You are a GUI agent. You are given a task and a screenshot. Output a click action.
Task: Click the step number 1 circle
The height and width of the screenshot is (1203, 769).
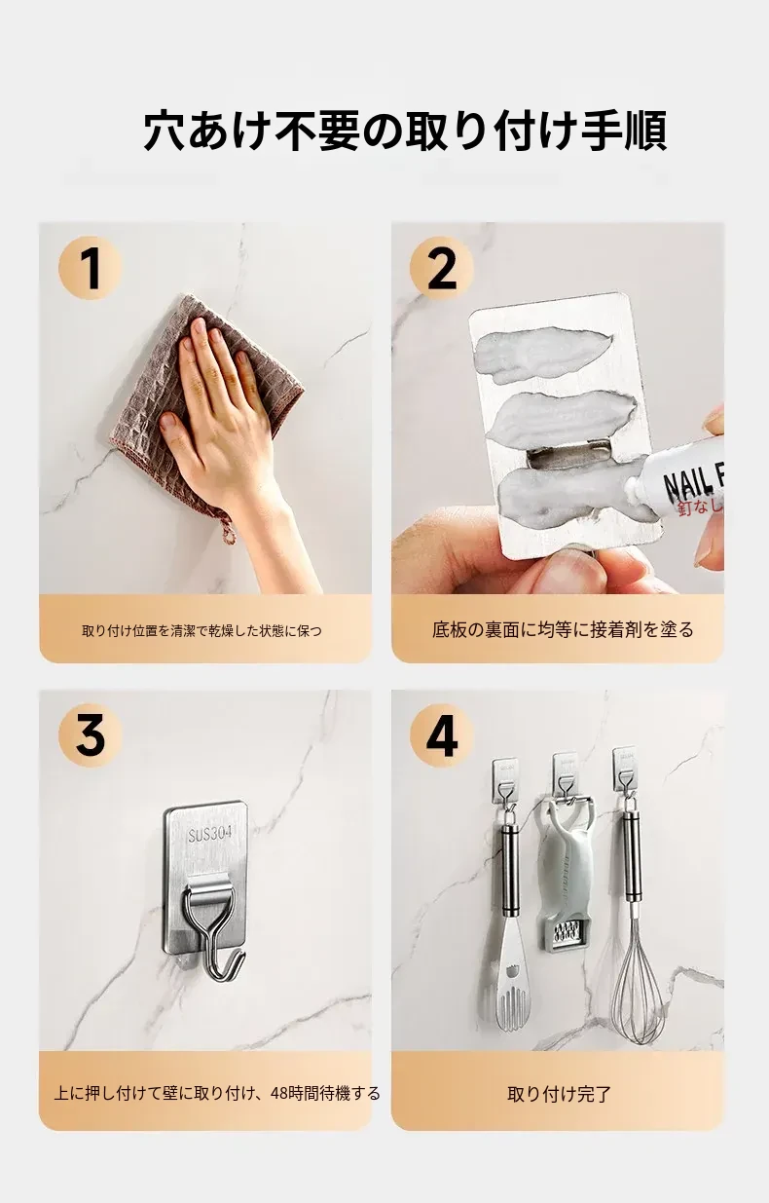[91, 268]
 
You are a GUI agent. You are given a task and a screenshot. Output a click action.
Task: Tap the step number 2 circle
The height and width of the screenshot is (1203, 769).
[442, 268]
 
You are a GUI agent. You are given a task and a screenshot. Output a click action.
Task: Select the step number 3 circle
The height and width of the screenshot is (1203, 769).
[91, 734]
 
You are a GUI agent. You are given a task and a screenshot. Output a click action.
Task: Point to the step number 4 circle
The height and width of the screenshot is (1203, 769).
[442, 734]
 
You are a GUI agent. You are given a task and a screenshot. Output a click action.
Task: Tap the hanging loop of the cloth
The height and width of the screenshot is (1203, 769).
[229, 532]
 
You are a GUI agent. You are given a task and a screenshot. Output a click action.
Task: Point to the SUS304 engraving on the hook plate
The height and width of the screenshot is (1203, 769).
[210, 834]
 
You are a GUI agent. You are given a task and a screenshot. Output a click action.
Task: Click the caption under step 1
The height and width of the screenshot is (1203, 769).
[201, 630]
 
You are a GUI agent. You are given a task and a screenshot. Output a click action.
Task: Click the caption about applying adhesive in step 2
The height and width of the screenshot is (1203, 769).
[563, 629]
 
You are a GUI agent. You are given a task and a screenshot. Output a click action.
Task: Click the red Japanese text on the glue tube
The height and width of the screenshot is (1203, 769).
[700, 508]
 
